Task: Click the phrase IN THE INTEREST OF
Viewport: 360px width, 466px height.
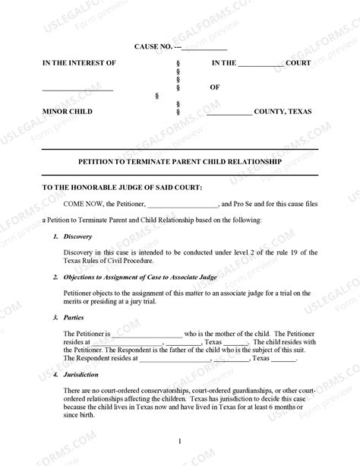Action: coord(80,62)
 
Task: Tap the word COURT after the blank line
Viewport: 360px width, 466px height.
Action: coord(298,62)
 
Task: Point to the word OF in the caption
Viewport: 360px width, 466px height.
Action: coord(215,87)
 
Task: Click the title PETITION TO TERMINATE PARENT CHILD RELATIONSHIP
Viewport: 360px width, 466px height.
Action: coord(180,162)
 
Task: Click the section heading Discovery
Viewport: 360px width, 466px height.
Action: coord(77,237)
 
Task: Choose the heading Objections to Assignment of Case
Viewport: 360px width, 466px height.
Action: coord(130,277)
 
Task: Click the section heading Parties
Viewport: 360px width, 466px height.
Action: coord(74,316)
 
